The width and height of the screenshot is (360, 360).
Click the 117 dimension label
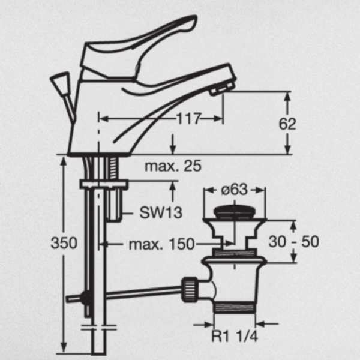click(x=188, y=119)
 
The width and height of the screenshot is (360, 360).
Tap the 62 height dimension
click(x=287, y=124)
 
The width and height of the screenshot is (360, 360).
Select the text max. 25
click(x=173, y=166)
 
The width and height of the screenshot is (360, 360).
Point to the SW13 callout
click(x=161, y=212)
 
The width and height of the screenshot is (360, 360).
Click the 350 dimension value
click(x=64, y=242)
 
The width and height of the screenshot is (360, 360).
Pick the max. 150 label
click(x=161, y=244)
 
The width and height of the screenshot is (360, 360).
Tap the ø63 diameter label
click(x=235, y=190)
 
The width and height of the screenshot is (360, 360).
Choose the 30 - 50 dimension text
click(x=293, y=242)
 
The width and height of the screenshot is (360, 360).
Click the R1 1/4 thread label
click(x=235, y=336)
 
